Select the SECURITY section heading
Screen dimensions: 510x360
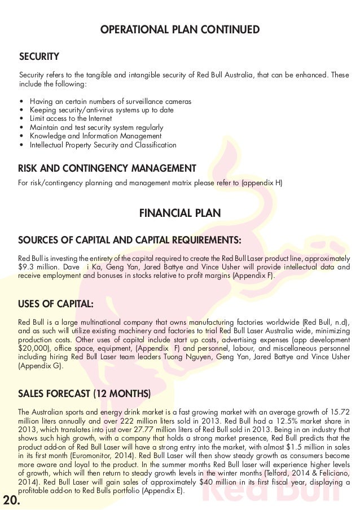(39, 57)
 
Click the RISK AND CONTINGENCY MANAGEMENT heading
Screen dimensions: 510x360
(107, 168)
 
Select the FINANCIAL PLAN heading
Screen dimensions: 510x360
(179, 213)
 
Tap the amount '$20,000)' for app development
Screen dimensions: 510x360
(33, 349)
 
